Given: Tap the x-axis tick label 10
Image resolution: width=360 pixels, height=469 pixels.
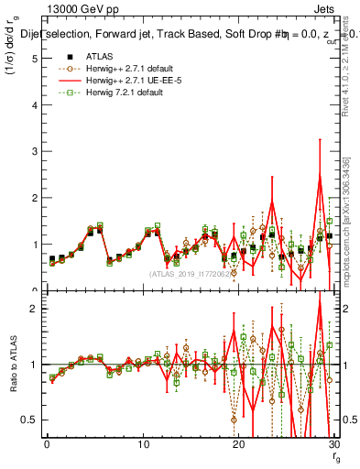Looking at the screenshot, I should tap(143, 444).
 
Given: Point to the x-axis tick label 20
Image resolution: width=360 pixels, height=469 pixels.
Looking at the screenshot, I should tap(238, 444).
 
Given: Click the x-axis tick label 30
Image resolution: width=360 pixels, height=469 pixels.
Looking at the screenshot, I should tap(333, 444).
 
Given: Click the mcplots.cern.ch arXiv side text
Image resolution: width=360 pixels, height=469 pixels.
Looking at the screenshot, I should tap(352, 220).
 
